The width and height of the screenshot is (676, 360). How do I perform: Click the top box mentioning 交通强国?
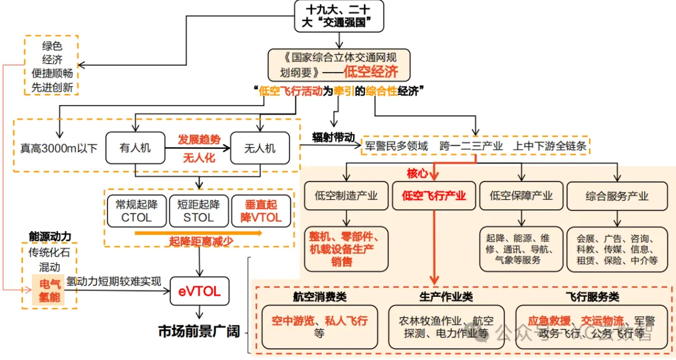click(x=339, y=16)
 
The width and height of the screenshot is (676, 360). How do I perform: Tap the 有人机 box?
click(x=135, y=148)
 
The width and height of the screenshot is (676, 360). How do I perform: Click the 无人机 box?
click(x=259, y=148)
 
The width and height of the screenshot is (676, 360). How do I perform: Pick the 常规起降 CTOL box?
click(x=136, y=211)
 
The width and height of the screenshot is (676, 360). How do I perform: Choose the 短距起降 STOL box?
click(x=198, y=211)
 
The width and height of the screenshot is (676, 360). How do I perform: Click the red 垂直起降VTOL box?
click(x=261, y=211)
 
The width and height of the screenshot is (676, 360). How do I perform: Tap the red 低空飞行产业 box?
click(x=434, y=196)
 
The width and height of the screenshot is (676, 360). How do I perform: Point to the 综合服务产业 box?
click(x=617, y=196)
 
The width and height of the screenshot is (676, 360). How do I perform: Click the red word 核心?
click(x=419, y=173)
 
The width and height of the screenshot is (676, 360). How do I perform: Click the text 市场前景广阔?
click(x=199, y=332)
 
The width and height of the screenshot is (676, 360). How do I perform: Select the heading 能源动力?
click(x=50, y=236)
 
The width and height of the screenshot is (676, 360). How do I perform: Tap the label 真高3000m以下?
click(x=59, y=148)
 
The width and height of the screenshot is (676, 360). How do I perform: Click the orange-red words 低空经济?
click(x=371, y=72)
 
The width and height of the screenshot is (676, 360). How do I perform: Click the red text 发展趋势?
click(x=198, y=139)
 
